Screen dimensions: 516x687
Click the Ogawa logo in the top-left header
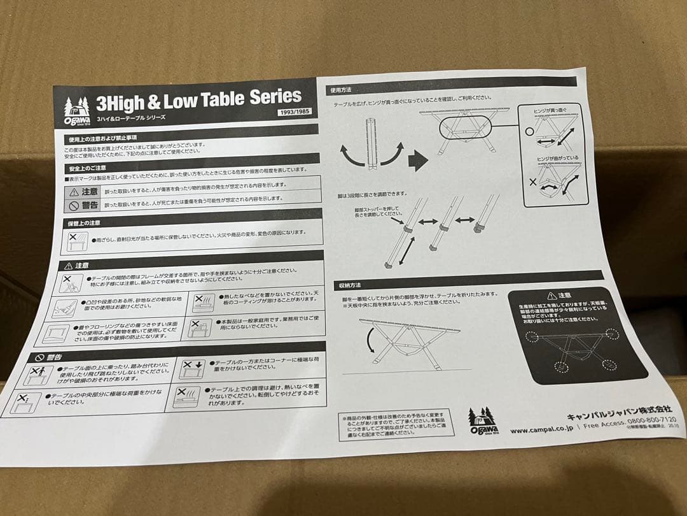click(76, 111)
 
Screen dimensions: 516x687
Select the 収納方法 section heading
click(350, 284)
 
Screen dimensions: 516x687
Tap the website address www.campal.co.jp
click(540, 430)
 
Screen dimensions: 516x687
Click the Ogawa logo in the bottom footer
click(482, 421)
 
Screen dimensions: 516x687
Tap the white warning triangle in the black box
click(550, 296)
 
